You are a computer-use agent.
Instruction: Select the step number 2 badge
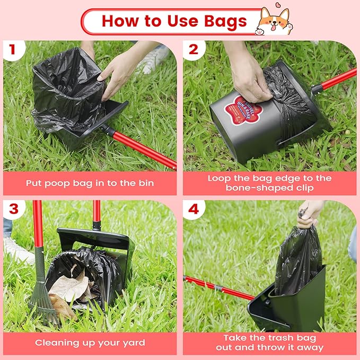[192, 49]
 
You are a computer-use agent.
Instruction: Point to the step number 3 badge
[12, 208]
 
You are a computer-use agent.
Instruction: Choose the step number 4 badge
[192, 208]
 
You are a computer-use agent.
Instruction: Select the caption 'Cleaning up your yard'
[90, 343]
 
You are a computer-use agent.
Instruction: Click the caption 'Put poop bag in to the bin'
[90, 183]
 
